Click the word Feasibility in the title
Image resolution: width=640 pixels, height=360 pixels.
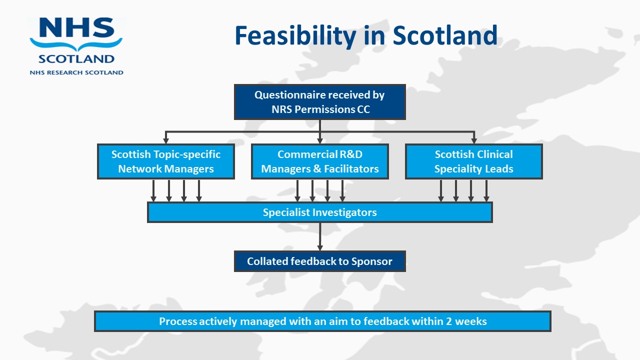point(295,36)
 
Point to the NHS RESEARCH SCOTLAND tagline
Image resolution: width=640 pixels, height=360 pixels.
point(76,72)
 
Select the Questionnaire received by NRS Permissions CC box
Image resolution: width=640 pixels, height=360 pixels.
point(319,102)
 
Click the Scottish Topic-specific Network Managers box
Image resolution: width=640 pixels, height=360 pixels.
point(166,161)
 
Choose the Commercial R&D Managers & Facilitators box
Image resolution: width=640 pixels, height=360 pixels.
point(319,161)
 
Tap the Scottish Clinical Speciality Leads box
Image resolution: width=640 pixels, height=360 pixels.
point(473,161)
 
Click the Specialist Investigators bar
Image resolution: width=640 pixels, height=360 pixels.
point(319,212)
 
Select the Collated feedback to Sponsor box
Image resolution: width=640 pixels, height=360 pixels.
point(319,261)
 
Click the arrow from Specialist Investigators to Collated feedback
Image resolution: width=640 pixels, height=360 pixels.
point(320,237)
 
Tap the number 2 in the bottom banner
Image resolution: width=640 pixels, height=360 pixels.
point(449,321)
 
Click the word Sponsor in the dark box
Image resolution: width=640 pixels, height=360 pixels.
point(371,261)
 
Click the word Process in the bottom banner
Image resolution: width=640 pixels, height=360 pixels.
point(178,321)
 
